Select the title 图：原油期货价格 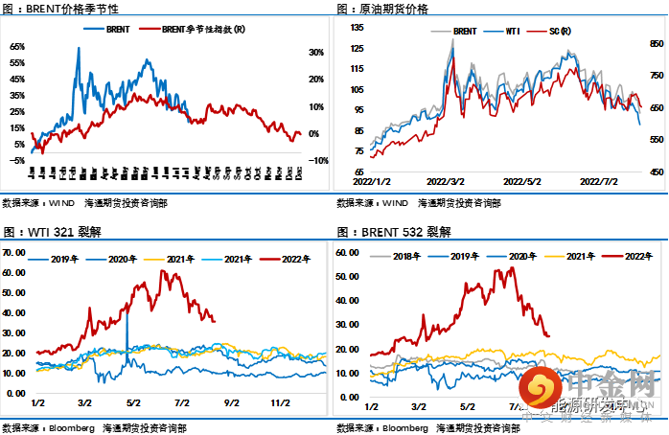[382, 9]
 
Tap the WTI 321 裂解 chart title [53, 232]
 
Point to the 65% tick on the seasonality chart [17, 46]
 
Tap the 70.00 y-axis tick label [14, 252]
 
